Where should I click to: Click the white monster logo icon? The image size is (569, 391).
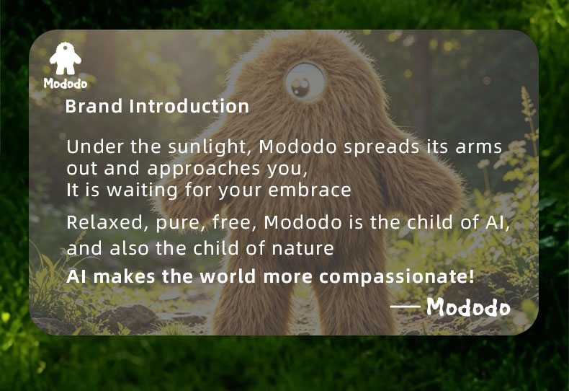click(66, 58)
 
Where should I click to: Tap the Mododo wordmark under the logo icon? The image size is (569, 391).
click(66, 84)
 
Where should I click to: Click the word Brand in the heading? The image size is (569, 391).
click(94, 107)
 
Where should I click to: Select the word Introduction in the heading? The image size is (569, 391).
click(189, 107)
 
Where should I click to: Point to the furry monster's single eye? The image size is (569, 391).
click(305, 81)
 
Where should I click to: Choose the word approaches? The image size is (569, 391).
click(204, 169)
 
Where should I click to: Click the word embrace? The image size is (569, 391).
click(310, 190)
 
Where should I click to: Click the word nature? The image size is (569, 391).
click(303, 249)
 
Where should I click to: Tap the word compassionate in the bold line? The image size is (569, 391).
click(397, 277)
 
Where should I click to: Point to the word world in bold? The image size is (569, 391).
click(228, 276)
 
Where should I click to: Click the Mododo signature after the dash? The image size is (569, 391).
click(468, 307)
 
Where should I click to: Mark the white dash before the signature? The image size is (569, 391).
click(405, 307)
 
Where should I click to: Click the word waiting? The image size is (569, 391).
click(143, 190)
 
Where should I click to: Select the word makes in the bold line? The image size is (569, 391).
click(125, 276)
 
